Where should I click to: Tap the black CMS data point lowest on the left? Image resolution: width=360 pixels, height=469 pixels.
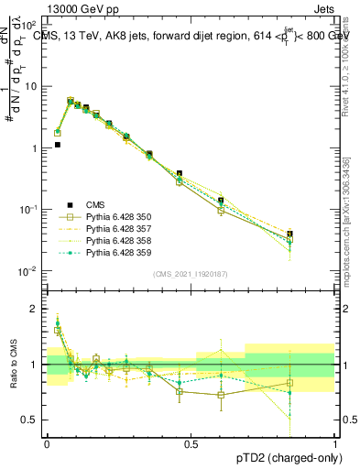tap(58, 145)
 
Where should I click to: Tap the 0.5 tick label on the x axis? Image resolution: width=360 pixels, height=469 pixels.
tap(191, 442)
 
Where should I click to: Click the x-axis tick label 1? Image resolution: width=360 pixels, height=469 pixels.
tap(334, 442)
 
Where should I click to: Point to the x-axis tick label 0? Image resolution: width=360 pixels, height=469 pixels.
tap(48, 442)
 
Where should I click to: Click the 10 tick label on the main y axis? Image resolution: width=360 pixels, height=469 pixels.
tap(32, 86)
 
